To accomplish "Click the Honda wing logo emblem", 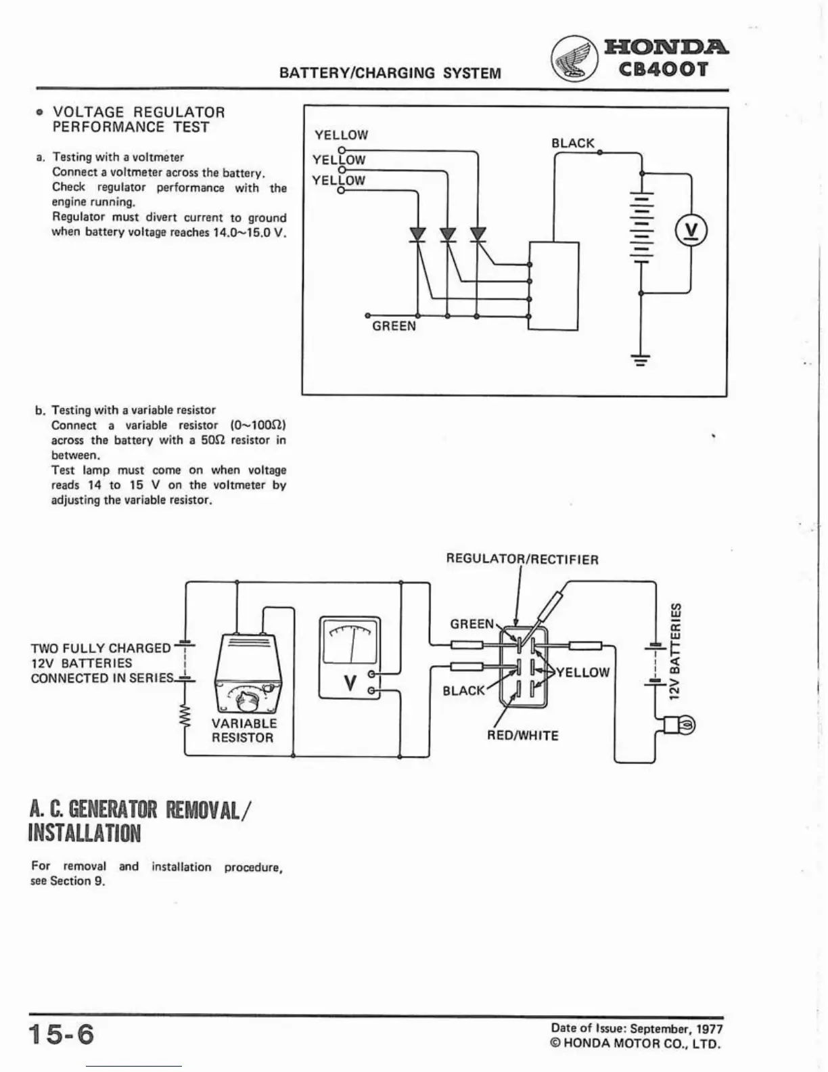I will (x=574, y=58).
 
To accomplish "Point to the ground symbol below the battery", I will (x=641, y=359).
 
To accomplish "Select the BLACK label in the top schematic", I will (x=572, y=143).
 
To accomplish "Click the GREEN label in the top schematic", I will (x=394, y=326).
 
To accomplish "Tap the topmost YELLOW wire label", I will (x=341, y=135).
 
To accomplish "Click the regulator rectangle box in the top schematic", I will (x=553, y=286).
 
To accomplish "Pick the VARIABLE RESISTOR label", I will (x=244, y=730).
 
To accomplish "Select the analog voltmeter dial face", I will (x=350, y=642).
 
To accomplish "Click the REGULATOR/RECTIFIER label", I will (x=522, y=560).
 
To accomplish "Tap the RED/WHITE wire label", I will (x=522, y=736).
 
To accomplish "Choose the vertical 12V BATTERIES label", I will (x=675, y=651).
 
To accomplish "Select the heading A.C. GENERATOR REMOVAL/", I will (x=141, y=809).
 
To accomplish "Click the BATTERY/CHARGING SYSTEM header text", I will (x=390, y=73).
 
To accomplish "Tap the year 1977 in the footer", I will (x=710, y=1029).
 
